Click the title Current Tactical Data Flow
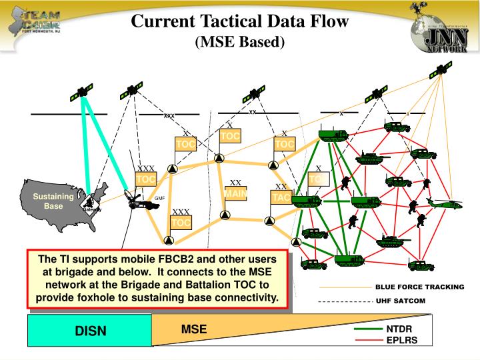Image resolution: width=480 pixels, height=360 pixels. point(240,21)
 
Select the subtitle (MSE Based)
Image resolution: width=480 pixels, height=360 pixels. point(240,43)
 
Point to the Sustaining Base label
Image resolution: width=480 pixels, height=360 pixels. point(53,201)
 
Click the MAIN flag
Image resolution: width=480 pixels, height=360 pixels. point(235,194)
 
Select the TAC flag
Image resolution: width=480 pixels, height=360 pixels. point(281,198)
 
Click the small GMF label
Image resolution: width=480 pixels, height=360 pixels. point(159,198)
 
